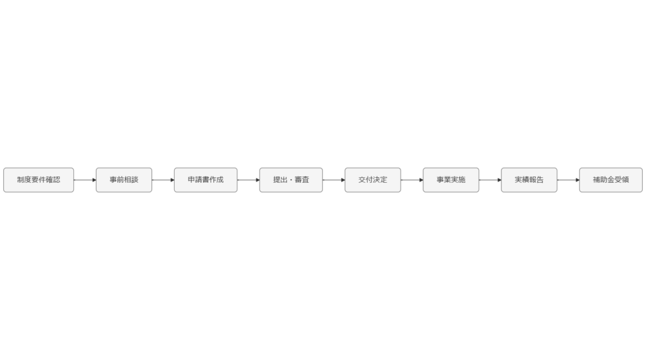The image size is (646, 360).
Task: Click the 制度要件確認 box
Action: coord(38,180)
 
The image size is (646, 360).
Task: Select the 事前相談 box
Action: coord(124,180)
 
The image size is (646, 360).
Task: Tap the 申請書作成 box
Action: coord(206,180)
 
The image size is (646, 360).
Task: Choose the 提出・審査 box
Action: coord(291,180)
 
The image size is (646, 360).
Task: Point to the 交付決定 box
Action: coord(372,180)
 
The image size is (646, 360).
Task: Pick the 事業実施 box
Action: coord(450,180)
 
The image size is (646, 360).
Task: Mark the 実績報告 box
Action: coord(529,180)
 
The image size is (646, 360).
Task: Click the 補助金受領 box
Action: coord(611,180)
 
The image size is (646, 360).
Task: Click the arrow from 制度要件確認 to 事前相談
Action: coord(85,180)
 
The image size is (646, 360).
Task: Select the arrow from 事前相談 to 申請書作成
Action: coord(163,180)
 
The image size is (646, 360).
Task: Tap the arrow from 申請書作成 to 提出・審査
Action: coord(248,180)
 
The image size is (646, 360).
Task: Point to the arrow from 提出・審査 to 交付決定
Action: coord(333,180)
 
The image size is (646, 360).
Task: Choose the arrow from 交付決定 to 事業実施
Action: coord(411,180)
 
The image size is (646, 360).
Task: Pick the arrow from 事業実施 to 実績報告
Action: coord(490,180)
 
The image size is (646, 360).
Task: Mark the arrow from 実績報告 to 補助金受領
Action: coord(568,180)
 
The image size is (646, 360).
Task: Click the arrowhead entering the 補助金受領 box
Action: coord(577,180)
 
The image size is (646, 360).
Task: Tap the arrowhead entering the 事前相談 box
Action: coord(93,180)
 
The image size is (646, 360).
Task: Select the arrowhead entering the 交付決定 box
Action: coord(342,180)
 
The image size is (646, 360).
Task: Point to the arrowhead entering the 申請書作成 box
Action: coord(172,180)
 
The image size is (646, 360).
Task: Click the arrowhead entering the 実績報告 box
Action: coord(498,180)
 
